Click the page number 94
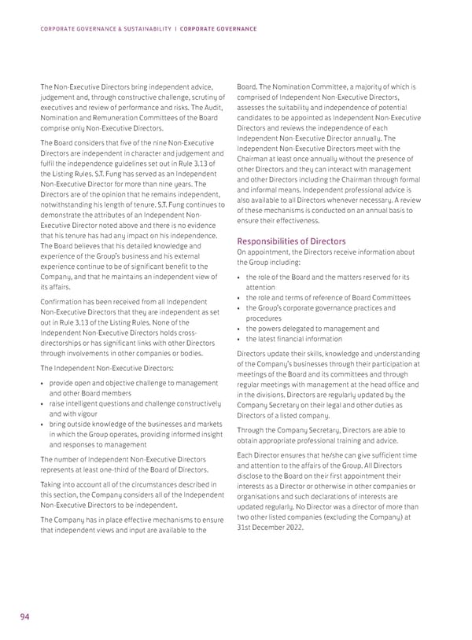pyautogui.click(x=24, y=617)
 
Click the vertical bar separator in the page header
pyautogui.click(x=175, y=29)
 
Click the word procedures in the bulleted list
pyautogui.click(x=269, y=318)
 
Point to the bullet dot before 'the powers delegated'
pyautogui.click(x=239, y=329)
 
